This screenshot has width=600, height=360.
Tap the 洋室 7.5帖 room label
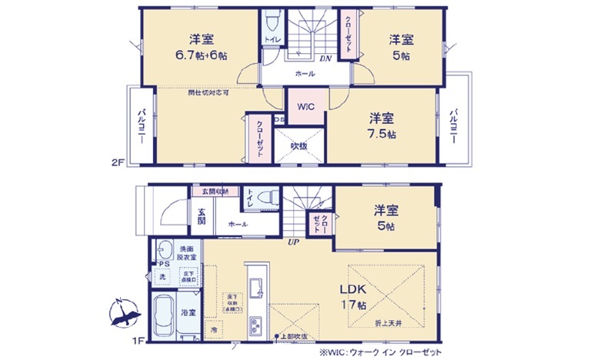pos(382,126)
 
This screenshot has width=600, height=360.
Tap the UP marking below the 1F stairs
pos(292,242)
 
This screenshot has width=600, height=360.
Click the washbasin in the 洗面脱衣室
pos(165,250)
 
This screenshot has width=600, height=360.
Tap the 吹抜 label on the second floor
pos(298,145)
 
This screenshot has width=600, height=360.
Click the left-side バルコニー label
pos(143,126)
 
